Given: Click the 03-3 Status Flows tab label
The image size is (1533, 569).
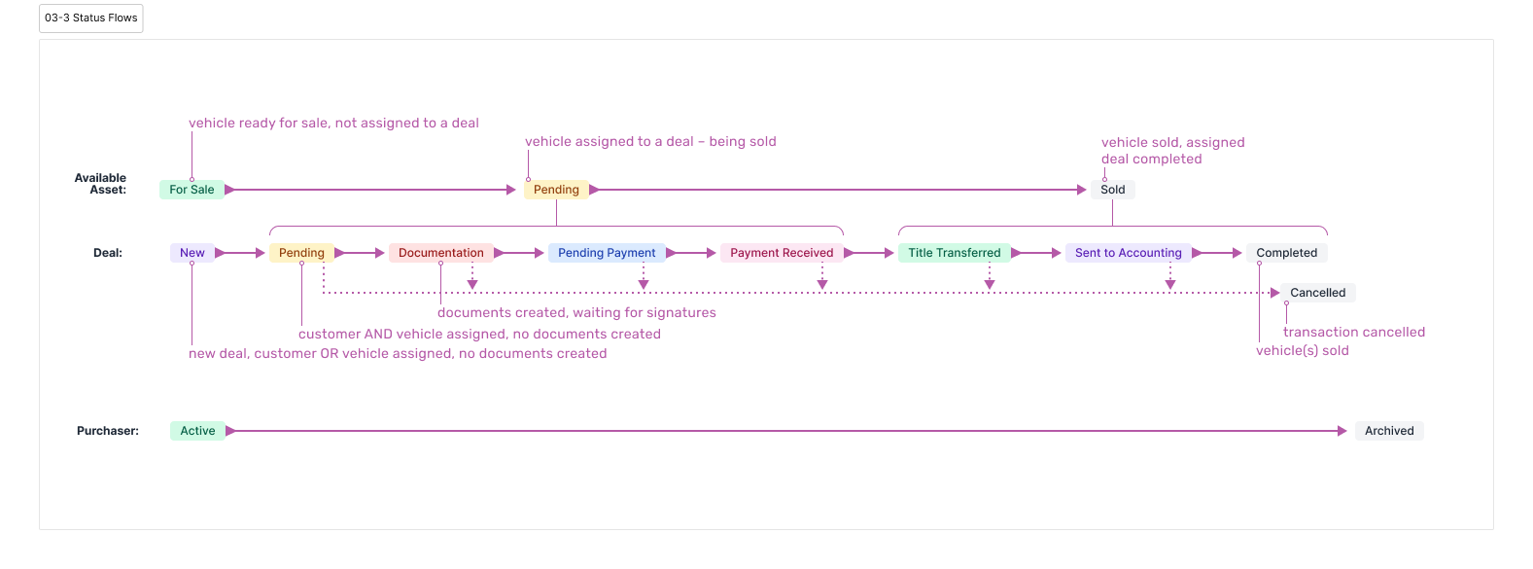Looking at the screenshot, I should pyautogui.click(x=91, y=18).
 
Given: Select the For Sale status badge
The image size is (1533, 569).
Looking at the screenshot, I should pyautogui.click(x=192, y=190).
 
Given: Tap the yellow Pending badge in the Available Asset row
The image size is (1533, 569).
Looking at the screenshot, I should pyautogui.click(x=556, y=190).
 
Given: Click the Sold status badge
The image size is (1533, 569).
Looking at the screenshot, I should pyautogui.click(x=1112, y=190).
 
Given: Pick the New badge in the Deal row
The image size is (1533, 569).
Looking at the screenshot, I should pyautogui.click(x=192, y=253).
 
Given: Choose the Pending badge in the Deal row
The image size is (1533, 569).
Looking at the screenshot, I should pyautogui.click(x=301, y=253).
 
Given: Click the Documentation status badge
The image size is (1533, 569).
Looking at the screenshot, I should pyautogui.click(x=440, y=253).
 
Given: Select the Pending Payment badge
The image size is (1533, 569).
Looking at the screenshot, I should pyautogui.click(x=607, y=253).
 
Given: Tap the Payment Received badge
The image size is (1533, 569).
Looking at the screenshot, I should pyautogui.click(x=782, y=253).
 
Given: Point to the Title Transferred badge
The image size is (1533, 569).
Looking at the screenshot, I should pyautogui.click(x=954, y=253).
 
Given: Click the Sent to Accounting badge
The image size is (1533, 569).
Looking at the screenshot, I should pyautogui.click(x=1128, y=253).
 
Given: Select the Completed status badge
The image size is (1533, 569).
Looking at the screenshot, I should pyautogui.click(x=1286, y=253).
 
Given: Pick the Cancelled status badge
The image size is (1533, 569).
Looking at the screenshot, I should pyautogui.click(x=1317, y=293).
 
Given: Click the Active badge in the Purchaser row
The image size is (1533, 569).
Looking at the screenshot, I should pyautogui.click(x=197, y=431).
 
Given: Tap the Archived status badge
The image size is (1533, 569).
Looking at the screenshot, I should pyautogui.click(x=1389, y=431).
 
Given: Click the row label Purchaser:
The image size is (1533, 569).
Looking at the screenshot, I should pyautogui.click(x=108, y=431).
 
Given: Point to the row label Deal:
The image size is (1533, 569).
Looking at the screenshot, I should pyautogui.click(x=108, y=253).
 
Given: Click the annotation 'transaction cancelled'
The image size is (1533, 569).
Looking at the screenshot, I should pyautogui.click(x=1353, y=332).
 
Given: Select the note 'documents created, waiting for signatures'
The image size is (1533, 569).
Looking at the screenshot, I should pyautogui.click(x=576, y=313).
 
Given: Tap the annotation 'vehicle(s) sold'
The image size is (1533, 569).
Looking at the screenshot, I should pyautogui.click(x=1302, y=351).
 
